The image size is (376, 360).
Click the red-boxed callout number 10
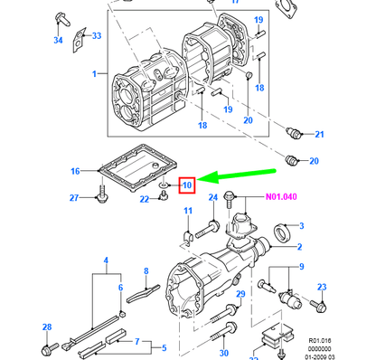click(187, 185)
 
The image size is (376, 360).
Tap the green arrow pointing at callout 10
click(237, 176)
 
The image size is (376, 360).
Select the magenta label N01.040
click(281, 197)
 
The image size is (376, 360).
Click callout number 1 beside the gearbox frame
click(95, 73)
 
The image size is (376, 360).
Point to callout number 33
click(97, 35)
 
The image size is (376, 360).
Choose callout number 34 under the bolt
click(58, 40)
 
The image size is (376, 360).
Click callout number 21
click(319, 134)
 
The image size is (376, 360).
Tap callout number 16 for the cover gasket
click(75, 171)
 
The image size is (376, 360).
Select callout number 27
click(74, 198)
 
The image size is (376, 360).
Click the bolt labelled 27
click(101, 194)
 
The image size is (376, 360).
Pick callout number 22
click(145, 199)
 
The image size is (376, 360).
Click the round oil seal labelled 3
click(282, 232)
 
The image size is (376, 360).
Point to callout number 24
click(213, 197)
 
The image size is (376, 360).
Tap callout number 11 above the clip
click(188, 211)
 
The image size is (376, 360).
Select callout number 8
click(146, 271)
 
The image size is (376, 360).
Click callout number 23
click(322, 287)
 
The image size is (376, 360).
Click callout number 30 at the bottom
click(224, 353)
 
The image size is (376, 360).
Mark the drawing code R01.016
click(320, 341)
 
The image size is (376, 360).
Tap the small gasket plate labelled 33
click(79, 40)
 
